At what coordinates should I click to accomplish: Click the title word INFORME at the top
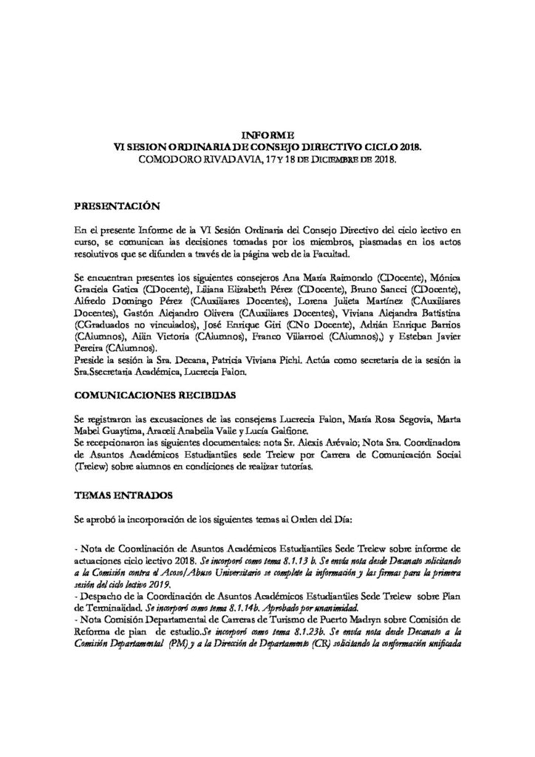[x=267, y=135]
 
